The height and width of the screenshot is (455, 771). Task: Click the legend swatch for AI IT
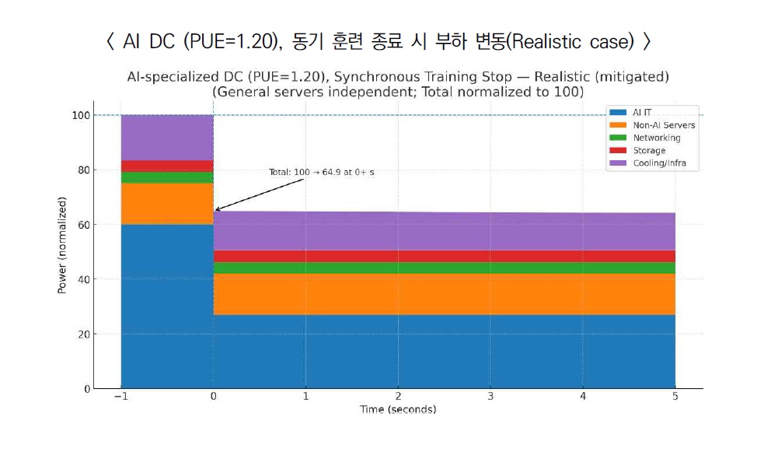click(619, 113)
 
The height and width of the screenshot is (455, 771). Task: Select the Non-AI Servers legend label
click(664, 125)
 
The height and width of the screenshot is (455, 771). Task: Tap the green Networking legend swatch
click(619, 138)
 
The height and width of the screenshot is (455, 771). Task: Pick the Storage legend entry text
click(649, 150)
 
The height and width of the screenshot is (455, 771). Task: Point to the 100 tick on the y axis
click(80, 115)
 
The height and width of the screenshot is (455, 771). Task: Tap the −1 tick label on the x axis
click(120, 397)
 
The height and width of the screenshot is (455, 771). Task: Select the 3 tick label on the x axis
click(490, 397)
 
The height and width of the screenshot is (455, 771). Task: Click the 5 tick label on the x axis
click(675, 397)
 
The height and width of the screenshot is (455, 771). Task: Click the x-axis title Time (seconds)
click(397, 409)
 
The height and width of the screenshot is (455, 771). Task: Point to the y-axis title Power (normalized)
click(61, 245)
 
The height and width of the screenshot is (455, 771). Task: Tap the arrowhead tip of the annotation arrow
click(215, 210)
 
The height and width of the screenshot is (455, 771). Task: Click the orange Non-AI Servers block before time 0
click(167, 204)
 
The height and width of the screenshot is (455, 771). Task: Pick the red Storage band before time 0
click(167, 166)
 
